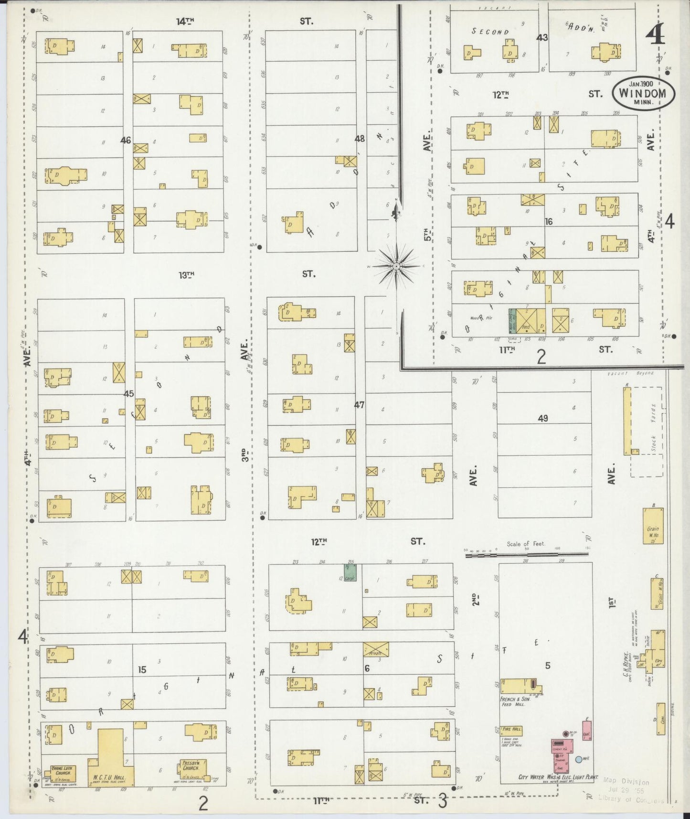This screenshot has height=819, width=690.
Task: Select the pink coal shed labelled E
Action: (586, 728)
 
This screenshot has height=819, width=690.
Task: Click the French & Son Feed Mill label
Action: (513, 701)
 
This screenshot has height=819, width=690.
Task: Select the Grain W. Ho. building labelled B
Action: (653, 526)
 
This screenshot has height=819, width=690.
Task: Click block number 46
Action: (126, 140)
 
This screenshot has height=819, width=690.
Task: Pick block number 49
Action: (543, 419)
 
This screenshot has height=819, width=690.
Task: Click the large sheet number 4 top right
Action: (656, 33)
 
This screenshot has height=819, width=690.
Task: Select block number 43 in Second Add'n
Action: (542, 37)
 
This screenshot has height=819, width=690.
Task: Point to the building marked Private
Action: (375, 650)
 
